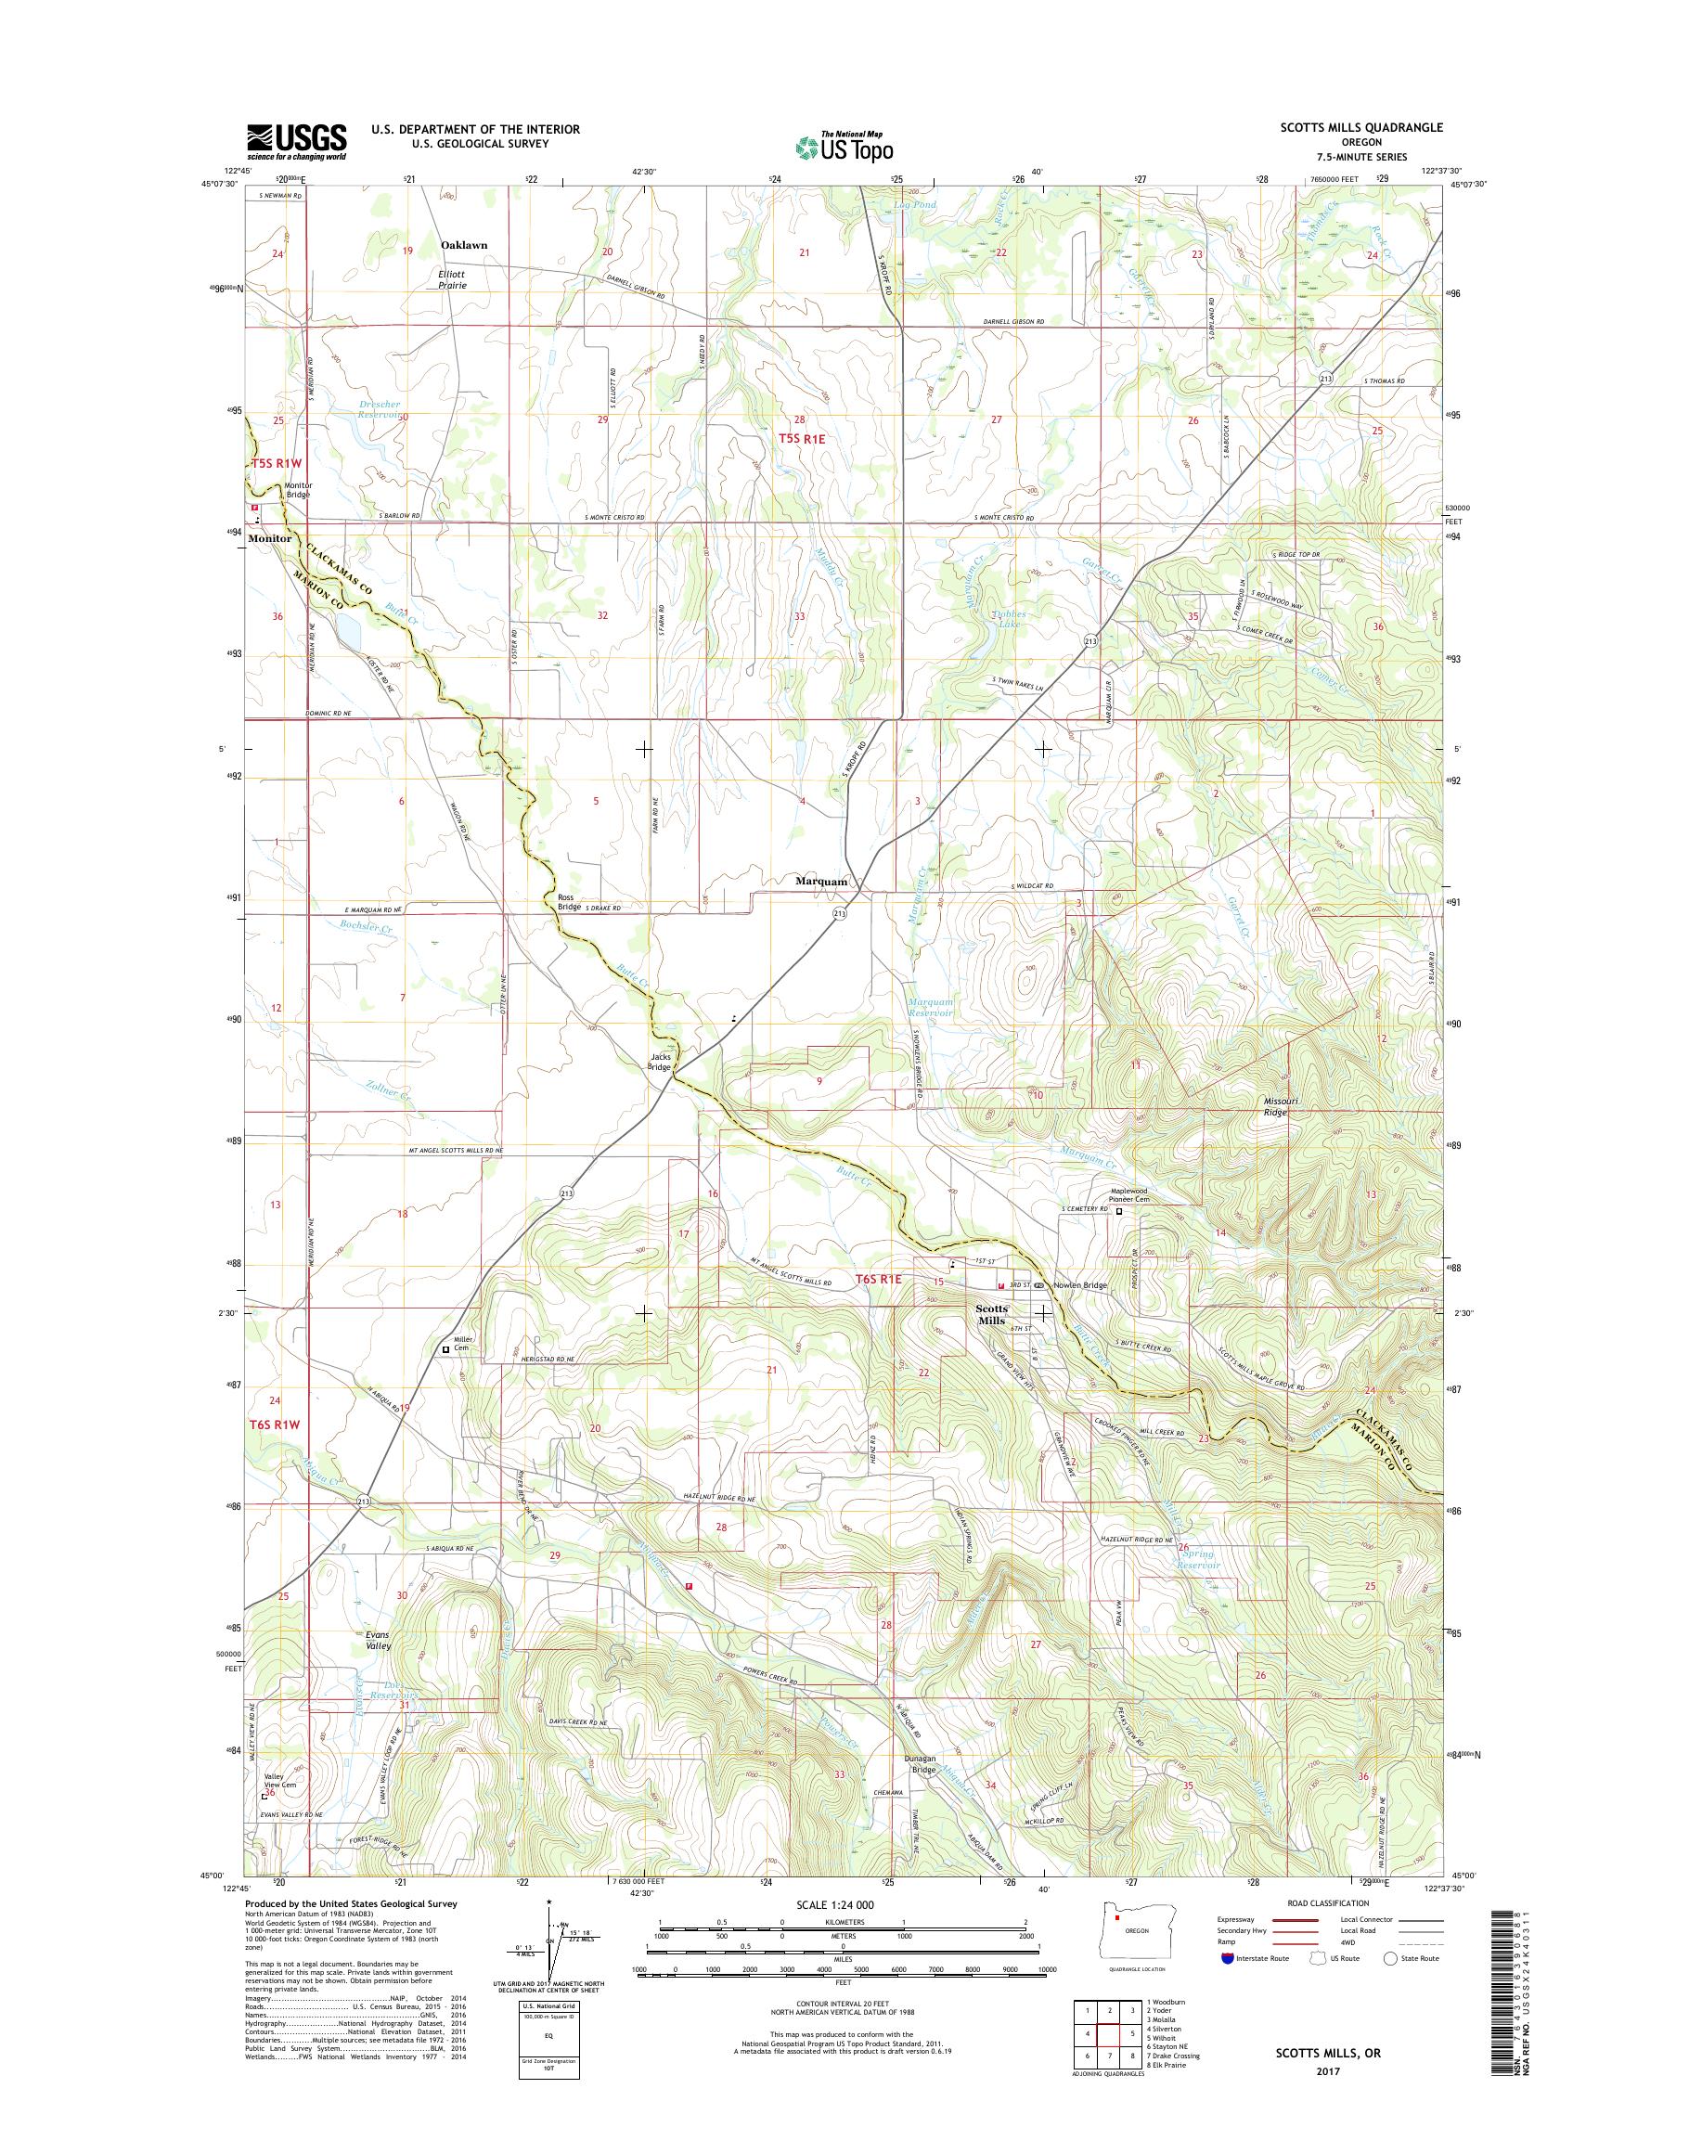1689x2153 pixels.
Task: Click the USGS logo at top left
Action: pyautogui.click(x=296, y=141)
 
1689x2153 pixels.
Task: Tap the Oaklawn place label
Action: pyautogui.click(x=464, y=244)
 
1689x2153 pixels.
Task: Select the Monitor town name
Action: pyautogui.click(x=270, y=539)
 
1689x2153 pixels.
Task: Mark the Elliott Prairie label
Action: pyautogui.click(x=451, y=280)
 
